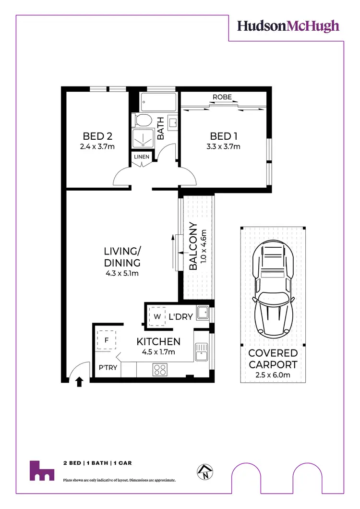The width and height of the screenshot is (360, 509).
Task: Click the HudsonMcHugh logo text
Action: (x=288, y=26)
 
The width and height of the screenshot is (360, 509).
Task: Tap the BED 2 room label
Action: (x=98, y=136)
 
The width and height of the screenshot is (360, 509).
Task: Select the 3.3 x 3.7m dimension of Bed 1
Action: (x=223, y=146)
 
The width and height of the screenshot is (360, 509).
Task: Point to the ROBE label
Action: (x=222, y=97)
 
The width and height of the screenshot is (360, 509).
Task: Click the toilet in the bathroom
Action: (x=143, y=120)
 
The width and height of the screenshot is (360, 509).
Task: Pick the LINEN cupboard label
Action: (x=142, y=157)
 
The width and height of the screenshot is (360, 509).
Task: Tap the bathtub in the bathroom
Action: (x=159, y=102)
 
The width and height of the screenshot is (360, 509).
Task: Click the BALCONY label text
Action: (x=193, y=247)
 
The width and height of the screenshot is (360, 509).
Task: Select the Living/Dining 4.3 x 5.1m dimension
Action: (x=122, y=274)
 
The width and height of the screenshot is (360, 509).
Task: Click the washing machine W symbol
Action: (x=156, y=316)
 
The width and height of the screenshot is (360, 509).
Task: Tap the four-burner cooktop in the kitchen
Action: (x=159, y=369)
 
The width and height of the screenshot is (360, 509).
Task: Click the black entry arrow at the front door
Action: (x=79, y=382)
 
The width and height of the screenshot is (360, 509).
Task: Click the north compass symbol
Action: (x=205, y=473)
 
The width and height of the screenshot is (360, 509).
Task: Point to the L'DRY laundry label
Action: (x=181, y=317)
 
